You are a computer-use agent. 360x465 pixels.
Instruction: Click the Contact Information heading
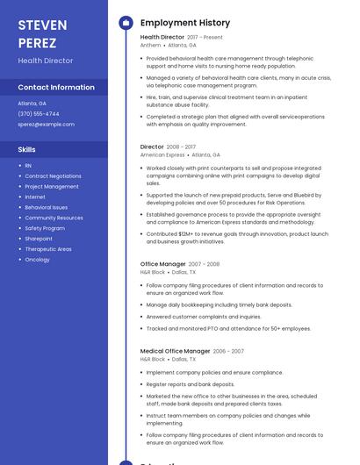(55, 87)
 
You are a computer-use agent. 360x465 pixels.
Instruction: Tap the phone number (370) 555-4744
(39, 113)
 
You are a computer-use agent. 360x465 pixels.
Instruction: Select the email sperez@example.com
(46, 124)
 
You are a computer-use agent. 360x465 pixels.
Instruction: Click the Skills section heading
(26, 149)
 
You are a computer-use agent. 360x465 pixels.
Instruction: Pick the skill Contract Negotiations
(53, 175)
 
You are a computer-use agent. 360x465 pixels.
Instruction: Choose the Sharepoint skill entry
(39, 239)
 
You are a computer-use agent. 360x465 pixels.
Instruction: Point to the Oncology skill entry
(37, 260)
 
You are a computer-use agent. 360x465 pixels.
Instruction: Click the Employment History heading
(185, 23)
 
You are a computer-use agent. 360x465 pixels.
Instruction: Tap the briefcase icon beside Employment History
(125, 23)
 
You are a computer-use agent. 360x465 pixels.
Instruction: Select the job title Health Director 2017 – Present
(181, 38)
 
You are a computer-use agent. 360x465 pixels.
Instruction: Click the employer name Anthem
(151, 45)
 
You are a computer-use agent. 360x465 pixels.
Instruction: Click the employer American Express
(162, 154)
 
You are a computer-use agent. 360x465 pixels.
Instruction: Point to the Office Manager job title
(163, 263)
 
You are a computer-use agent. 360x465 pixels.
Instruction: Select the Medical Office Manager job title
(175, 351)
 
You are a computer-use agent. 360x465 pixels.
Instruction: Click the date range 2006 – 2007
(228, 351)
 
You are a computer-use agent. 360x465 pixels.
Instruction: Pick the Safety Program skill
(45, 228)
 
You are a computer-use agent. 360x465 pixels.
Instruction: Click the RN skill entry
(28, 165)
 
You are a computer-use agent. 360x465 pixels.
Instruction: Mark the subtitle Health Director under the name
(45, 61)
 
